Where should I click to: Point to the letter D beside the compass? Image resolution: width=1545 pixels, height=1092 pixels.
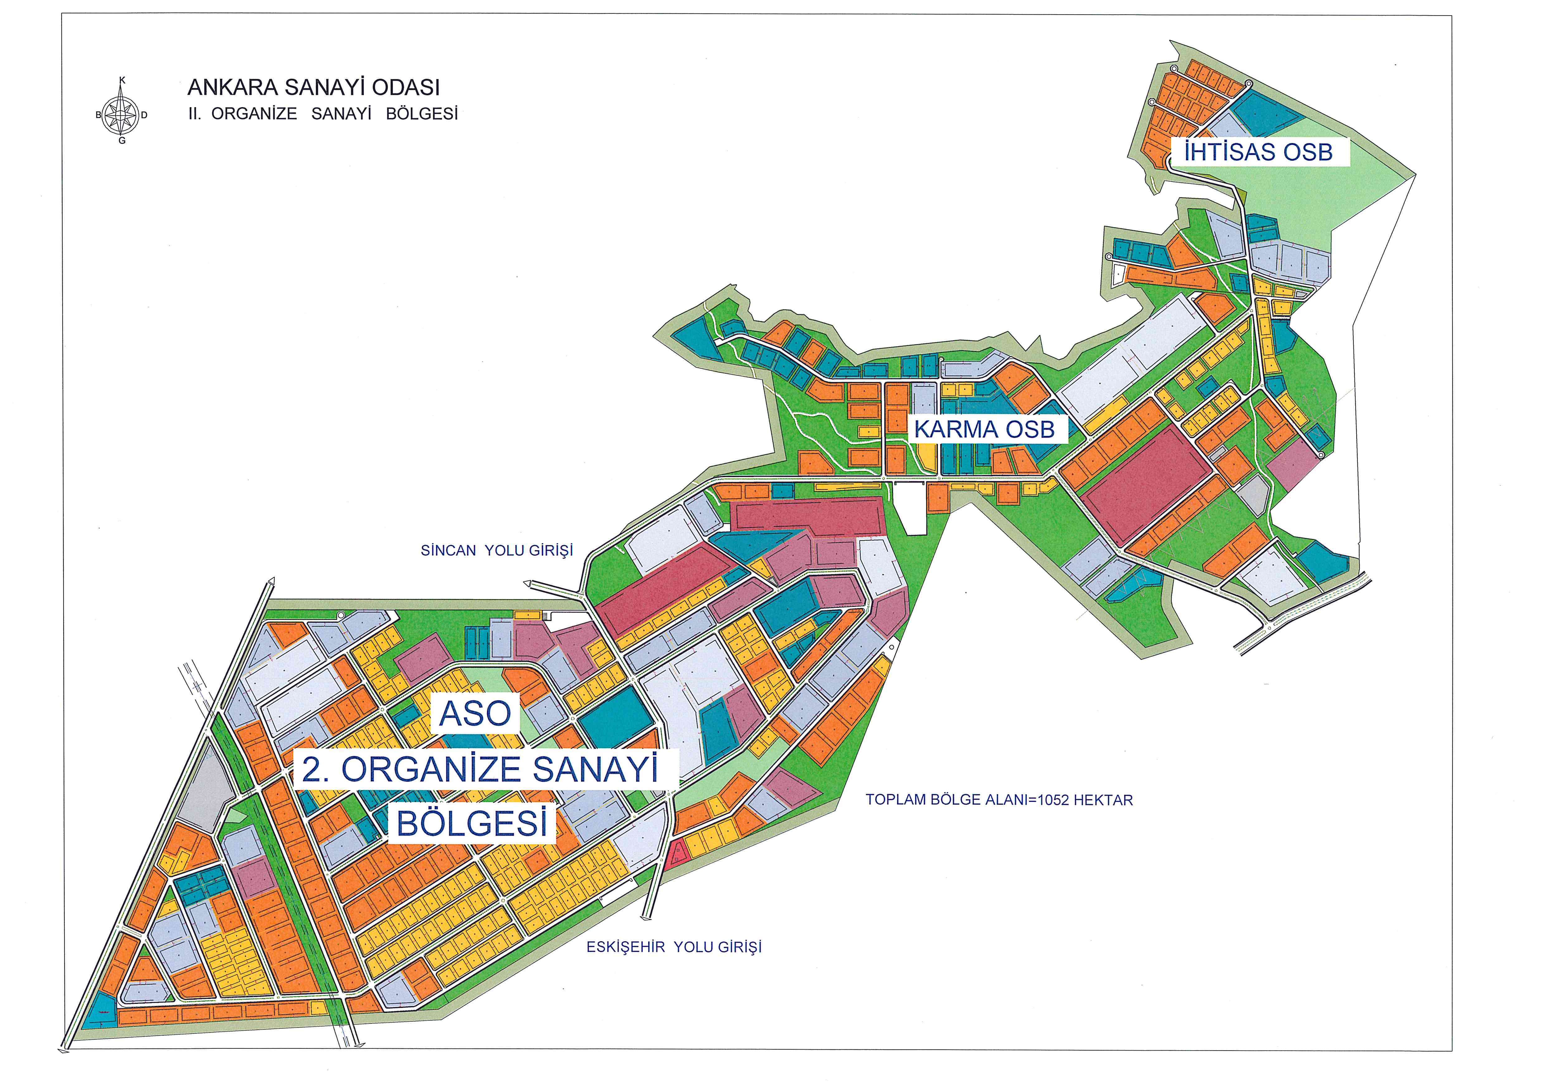[x=144, y=115]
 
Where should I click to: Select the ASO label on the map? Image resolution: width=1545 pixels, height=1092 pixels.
[x=475, y=713]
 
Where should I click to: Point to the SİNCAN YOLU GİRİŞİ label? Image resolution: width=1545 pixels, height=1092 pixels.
[x=497, y=551]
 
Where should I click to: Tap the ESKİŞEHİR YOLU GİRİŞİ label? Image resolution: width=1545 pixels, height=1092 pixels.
[x=674, y=947]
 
